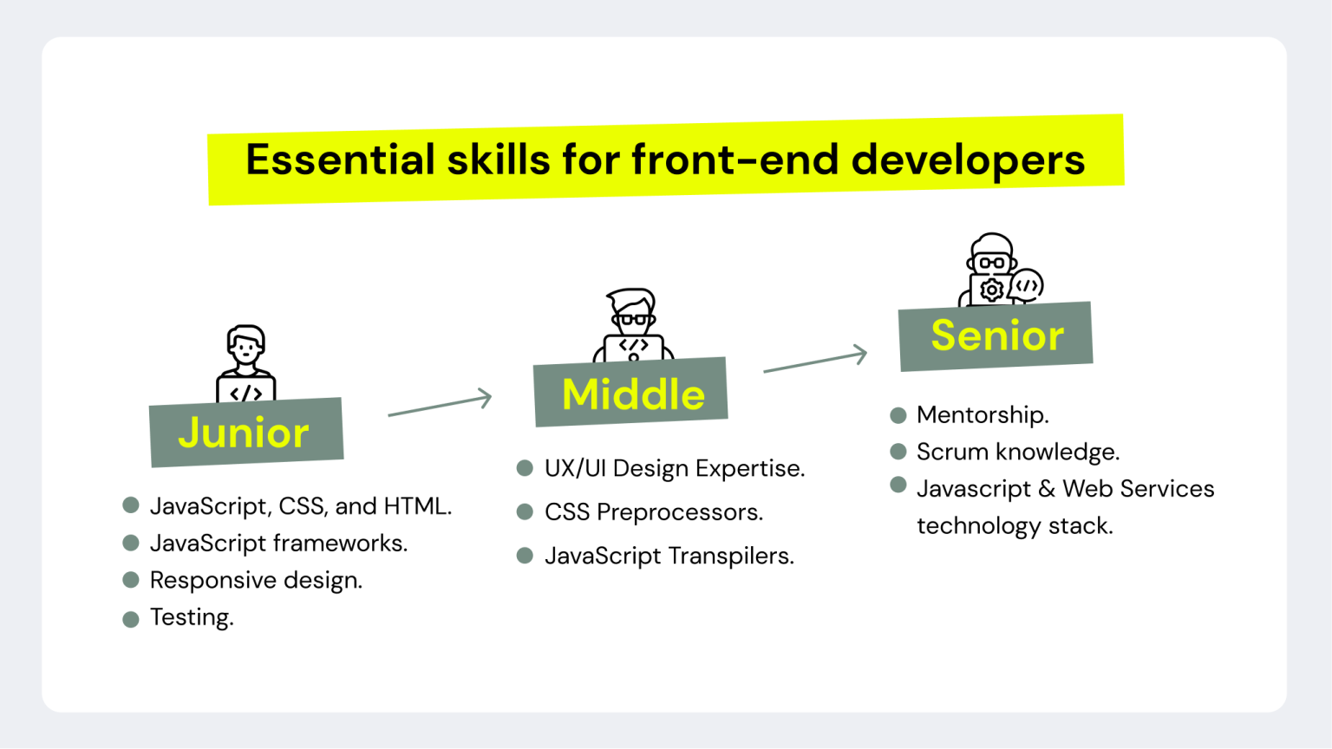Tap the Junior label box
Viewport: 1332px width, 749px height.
pyautogui.click(x=245, y=433)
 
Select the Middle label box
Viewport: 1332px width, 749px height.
pyautogui.click(x=631, y=393)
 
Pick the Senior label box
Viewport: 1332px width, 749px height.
pyautogui.click(x=996, y=336)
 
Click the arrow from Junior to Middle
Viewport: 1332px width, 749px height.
pyautogui.click(x=441, y=405)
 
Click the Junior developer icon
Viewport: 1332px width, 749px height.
pyautogui.click(x=246, y=363)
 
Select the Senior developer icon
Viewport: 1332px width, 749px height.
pyautogui.click(x=999, y=269)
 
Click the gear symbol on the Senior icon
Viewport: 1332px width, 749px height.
pyautogui.click(x=991, y=290)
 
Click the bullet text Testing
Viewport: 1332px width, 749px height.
pyautogui.click(x=192, y=617)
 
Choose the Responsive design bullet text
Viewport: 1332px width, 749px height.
pyautogui.click(x=256, y=580)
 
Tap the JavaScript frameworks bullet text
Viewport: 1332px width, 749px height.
pyautogui.click(x=278, y=543)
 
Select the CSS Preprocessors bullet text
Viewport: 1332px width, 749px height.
pyautogui.click(x=653, y=512)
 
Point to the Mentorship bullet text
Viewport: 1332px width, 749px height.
pyautogui.click(x=983, y=415)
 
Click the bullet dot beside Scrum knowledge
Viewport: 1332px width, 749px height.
pyautogui.click(x=898, y=452)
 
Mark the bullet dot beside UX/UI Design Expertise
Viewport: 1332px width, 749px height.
pyautogui.click(x=525, y=468)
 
